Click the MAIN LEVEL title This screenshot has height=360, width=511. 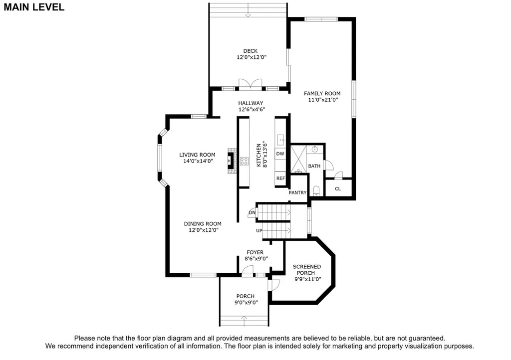coord(34,7)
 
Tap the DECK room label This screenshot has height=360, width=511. coord(251,51)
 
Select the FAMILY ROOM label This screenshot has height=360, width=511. coord(322,93)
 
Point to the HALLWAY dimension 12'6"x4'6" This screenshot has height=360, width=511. coord(252,109)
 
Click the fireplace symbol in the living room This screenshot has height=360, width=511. coord(231,161)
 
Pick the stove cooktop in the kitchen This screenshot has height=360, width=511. coord(244,161)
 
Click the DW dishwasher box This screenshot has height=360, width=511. coord(280,154)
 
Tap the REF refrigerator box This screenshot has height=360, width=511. coord(280,179)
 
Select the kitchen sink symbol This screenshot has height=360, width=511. coord(280,140)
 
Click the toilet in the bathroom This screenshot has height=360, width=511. coord(316,191)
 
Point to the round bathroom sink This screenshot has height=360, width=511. coord(315,150)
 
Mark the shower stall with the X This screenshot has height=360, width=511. coord(298,159)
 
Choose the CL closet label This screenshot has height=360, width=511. coord(338,189)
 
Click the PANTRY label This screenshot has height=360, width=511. coord(297,192)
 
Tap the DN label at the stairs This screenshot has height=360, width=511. coord(252,212)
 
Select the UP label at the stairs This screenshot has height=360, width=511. coord(259,230)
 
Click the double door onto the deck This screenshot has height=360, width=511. coord(251,83)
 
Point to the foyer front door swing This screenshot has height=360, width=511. coord(248,271)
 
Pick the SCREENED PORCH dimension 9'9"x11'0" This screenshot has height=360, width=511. coord(308,279)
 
